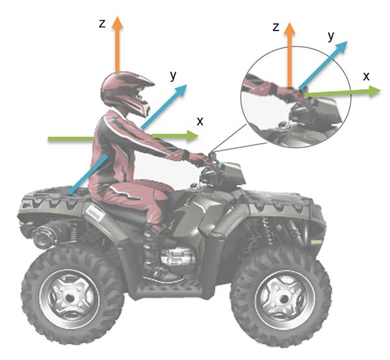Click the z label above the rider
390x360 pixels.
click(102, 24)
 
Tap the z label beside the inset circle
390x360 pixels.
click(276, 27)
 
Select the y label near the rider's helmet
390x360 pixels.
click(173, 75)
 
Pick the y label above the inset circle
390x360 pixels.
click(331, 36)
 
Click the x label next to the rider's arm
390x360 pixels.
click(200, 122)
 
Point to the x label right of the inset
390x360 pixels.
click(366, 77)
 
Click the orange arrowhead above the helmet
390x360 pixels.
click(117, 22)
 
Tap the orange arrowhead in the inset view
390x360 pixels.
click(289, 29)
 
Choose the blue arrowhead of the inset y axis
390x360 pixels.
click(341, 47)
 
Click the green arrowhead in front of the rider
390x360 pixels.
click(192, 136)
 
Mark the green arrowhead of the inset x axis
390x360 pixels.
click(374, 92)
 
